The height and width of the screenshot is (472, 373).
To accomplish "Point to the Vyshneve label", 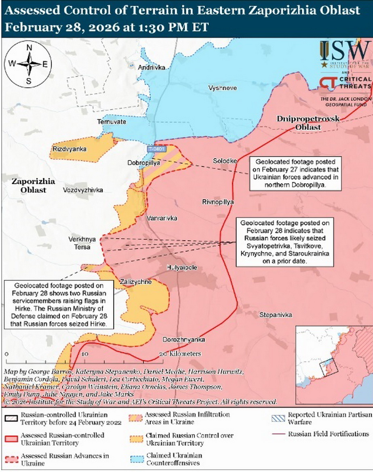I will (x=223, y=88).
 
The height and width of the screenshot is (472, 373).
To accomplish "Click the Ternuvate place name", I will (x=111, y=122).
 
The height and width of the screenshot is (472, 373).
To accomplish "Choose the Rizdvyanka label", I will (x=70, y=149).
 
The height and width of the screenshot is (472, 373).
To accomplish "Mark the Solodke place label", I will (x=225, y=161).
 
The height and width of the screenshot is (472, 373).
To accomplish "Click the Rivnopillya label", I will (x=219, y=202).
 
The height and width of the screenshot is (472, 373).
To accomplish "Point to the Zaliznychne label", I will (x=135, y=282).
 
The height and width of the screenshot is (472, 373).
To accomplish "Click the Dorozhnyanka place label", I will (x=183, y=339).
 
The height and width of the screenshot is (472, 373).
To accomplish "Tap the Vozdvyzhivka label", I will (x=83, y=190).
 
